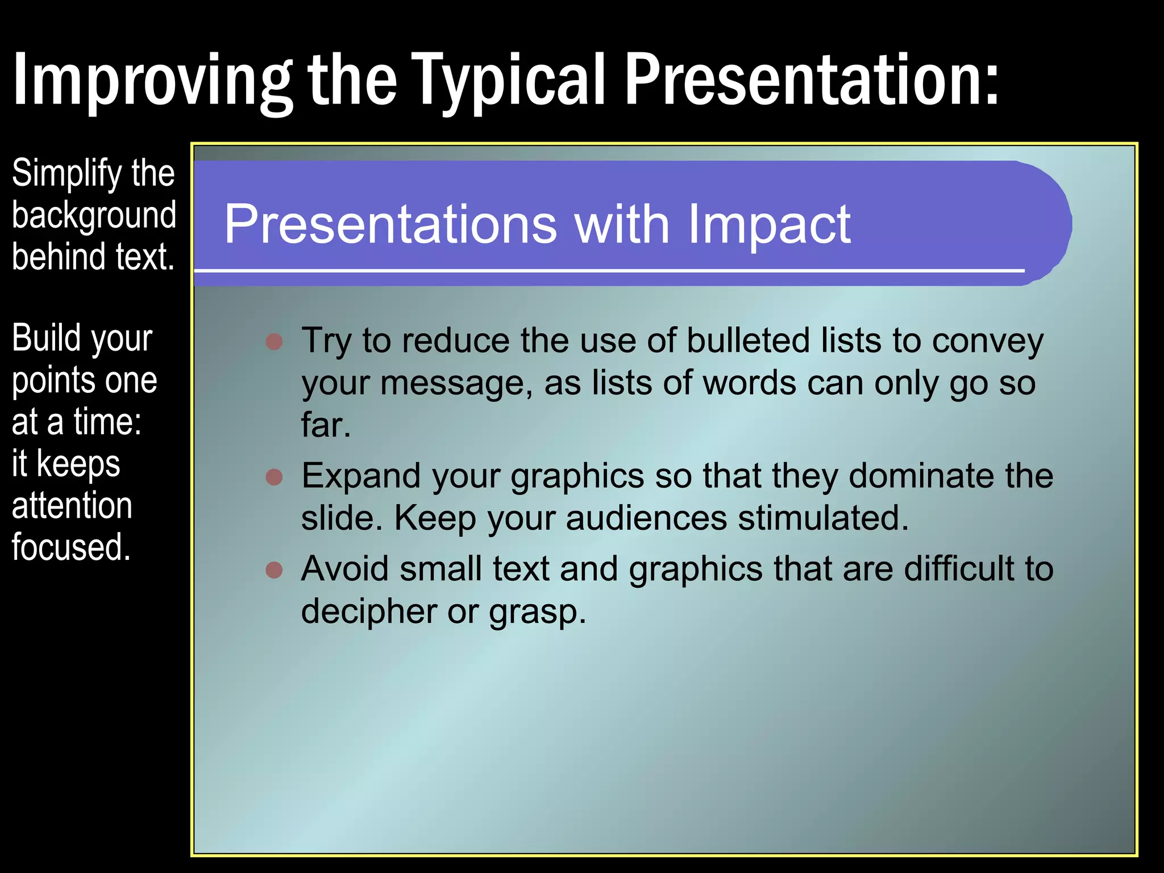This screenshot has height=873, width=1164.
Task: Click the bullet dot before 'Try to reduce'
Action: pos(274,342)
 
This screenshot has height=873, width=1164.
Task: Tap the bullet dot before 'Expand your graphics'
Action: pos(274,476)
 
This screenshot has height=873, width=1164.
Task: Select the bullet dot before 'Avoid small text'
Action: pos(274,569)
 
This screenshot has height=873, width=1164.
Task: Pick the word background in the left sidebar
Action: pos(94,215)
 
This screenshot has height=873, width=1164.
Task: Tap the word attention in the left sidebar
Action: pos(72,505)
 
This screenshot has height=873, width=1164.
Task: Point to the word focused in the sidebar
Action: pos(71,547)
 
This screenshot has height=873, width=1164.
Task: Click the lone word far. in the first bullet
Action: pos(326,425)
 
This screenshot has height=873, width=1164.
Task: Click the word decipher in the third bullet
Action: pos(368,612)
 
